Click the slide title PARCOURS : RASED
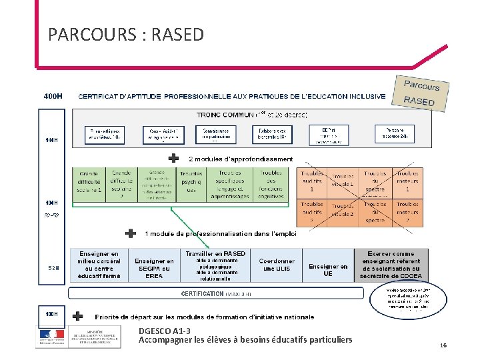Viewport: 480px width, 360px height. pyautogui.click(x=126, y=34)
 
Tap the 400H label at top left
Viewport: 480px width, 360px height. pyautogui.click(x=53, y=95)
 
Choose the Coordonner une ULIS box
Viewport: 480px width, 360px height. pyautogui.click(x=277, y=265)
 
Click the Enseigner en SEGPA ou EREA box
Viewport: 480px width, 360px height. pyautogui.click(x=154, y=269)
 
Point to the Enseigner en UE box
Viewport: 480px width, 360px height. pyautogui.click(x=328, y=269)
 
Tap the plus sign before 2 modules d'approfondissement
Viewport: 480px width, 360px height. pyautogui.click(x=173, y=159)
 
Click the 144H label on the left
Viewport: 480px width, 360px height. pyautogui.click(x=51, y=140)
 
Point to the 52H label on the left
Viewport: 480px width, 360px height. pyautogui.click(x=53, y=268)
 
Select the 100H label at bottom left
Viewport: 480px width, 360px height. pyautogui.click(x=51, y=313)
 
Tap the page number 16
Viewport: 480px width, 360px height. pyautogui.click(x=443, y=345)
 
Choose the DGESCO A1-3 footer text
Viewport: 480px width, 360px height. pyautogui.click(x=164, y=331)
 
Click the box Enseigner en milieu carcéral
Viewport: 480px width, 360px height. pyautogui.click(x=98, y=265)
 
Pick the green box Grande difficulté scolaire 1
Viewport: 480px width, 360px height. pyautogui.click(x=89, y=181)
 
